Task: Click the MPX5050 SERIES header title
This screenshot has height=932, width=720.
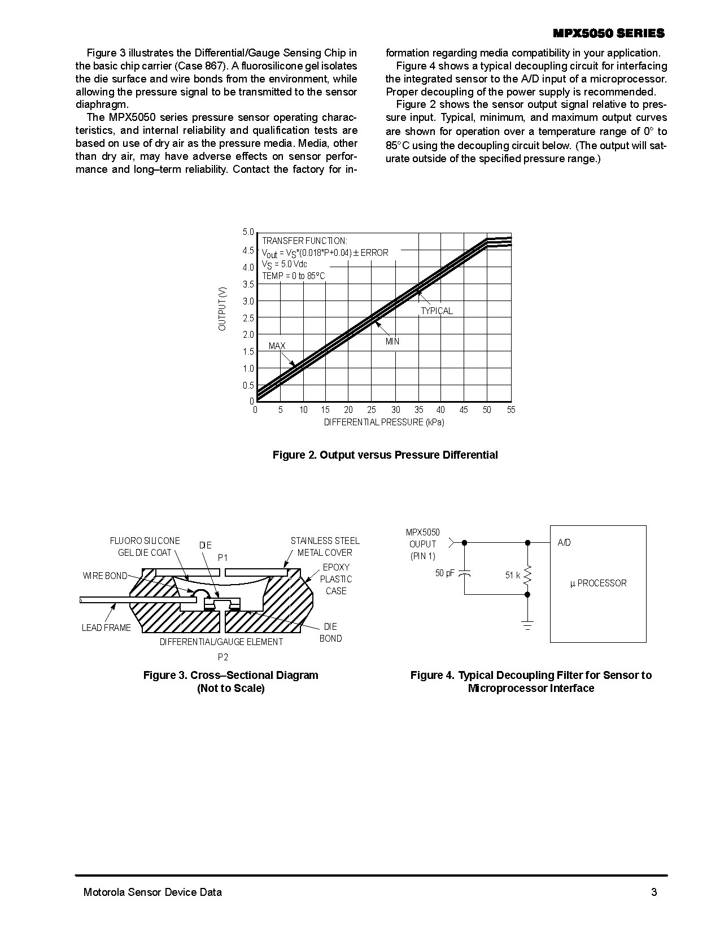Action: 609,34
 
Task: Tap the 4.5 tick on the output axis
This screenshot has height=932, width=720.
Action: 248,250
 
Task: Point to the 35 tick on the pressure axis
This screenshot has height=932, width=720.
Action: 418,410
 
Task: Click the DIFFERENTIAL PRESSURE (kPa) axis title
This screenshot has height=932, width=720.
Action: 384,423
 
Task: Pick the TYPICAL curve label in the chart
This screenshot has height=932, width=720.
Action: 437,311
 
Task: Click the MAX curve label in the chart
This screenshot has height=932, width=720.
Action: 277,346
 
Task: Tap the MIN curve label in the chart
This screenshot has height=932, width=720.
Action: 392,342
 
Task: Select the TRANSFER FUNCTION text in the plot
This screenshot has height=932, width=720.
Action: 304,241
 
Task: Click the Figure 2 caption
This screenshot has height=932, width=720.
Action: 385,455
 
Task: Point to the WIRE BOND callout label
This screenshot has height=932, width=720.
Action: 105,576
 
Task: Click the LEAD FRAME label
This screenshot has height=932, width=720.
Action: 106,628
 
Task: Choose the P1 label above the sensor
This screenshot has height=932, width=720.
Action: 223,558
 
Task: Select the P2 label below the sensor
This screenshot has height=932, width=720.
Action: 223,657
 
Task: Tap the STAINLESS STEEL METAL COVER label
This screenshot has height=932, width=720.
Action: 325,547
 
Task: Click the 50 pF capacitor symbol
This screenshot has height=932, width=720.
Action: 465,574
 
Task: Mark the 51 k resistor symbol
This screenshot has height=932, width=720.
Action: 527,576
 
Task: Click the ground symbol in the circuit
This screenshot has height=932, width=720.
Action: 527,625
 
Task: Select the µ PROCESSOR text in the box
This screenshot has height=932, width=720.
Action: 598,583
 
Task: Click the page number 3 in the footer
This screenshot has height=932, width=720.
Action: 654,892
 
